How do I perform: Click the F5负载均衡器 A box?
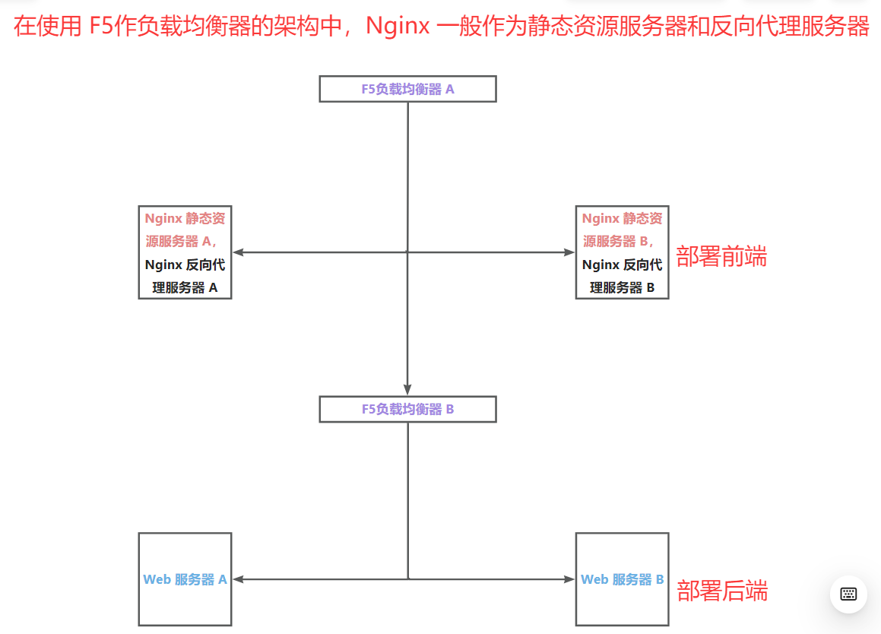407,89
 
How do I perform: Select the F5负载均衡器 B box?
407,409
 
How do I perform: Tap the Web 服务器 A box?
185,579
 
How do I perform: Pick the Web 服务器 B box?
622,579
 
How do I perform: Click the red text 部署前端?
721,257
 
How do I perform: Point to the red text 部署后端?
722,591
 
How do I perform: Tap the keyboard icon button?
848,594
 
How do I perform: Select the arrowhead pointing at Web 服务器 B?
569,579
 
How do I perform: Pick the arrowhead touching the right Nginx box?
569,252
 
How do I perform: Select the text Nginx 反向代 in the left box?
185,265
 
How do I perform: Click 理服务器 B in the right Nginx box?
622,288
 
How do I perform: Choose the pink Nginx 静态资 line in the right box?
622,218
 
